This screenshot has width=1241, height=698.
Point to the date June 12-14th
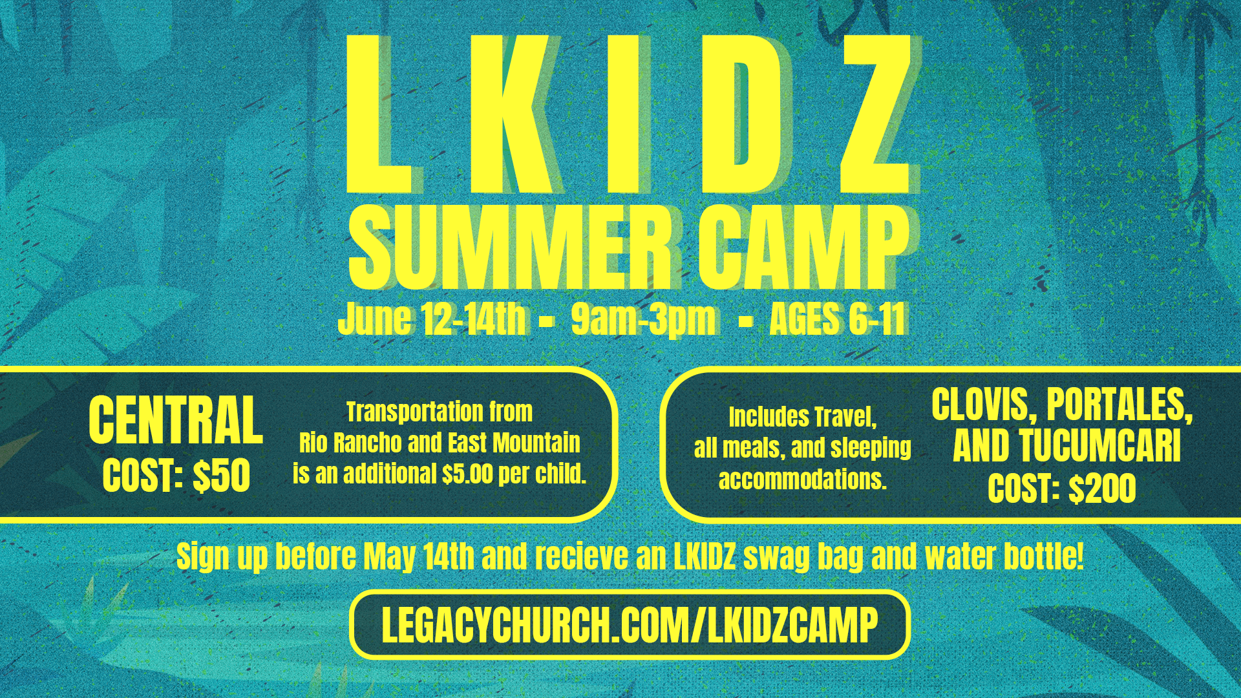[432, 319]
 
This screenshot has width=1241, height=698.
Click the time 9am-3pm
[643, 319]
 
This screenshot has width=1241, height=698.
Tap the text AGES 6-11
[836, 319]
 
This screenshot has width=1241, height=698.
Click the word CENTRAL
[176, 420]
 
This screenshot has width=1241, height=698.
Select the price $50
[222, 476]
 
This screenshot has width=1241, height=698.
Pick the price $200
[1102, 489]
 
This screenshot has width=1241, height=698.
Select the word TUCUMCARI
[1100, 447]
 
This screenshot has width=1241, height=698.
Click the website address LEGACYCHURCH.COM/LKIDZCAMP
[630, 625]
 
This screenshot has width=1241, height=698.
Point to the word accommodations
[802, 480]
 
